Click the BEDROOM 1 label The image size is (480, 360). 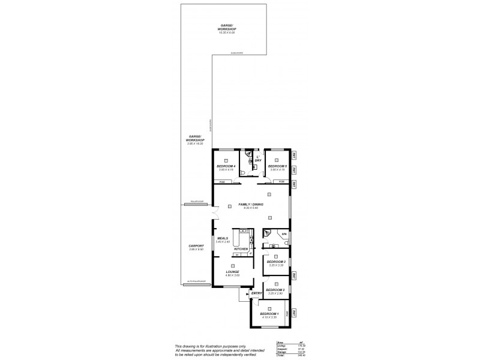pyautogui.click(x=269, y=314)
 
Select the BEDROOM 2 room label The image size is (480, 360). pyautogui.click(x=275, y=289)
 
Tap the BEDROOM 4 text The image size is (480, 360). pyautogui.click(x=225, y=166)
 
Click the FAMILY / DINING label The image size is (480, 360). pyautogui.click(x=251, y=205)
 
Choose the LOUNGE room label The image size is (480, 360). pyautogui.click(x=233, y=272)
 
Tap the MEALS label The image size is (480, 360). pyautogui.click(x=223, y=238)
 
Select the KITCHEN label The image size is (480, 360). pyautogui.click(x=241, y=249)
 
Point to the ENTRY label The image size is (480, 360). pyautogui.click(x=256, y=293)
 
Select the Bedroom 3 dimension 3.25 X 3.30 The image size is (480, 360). pyautogui.click(x=275, y=265)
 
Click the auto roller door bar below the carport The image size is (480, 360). pyautogui.click(x=196, y=283)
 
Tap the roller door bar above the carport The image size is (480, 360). pyautogui.click(x=196, y=204)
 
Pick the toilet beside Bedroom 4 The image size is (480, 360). pyautogui.click(x=241, y=173)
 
